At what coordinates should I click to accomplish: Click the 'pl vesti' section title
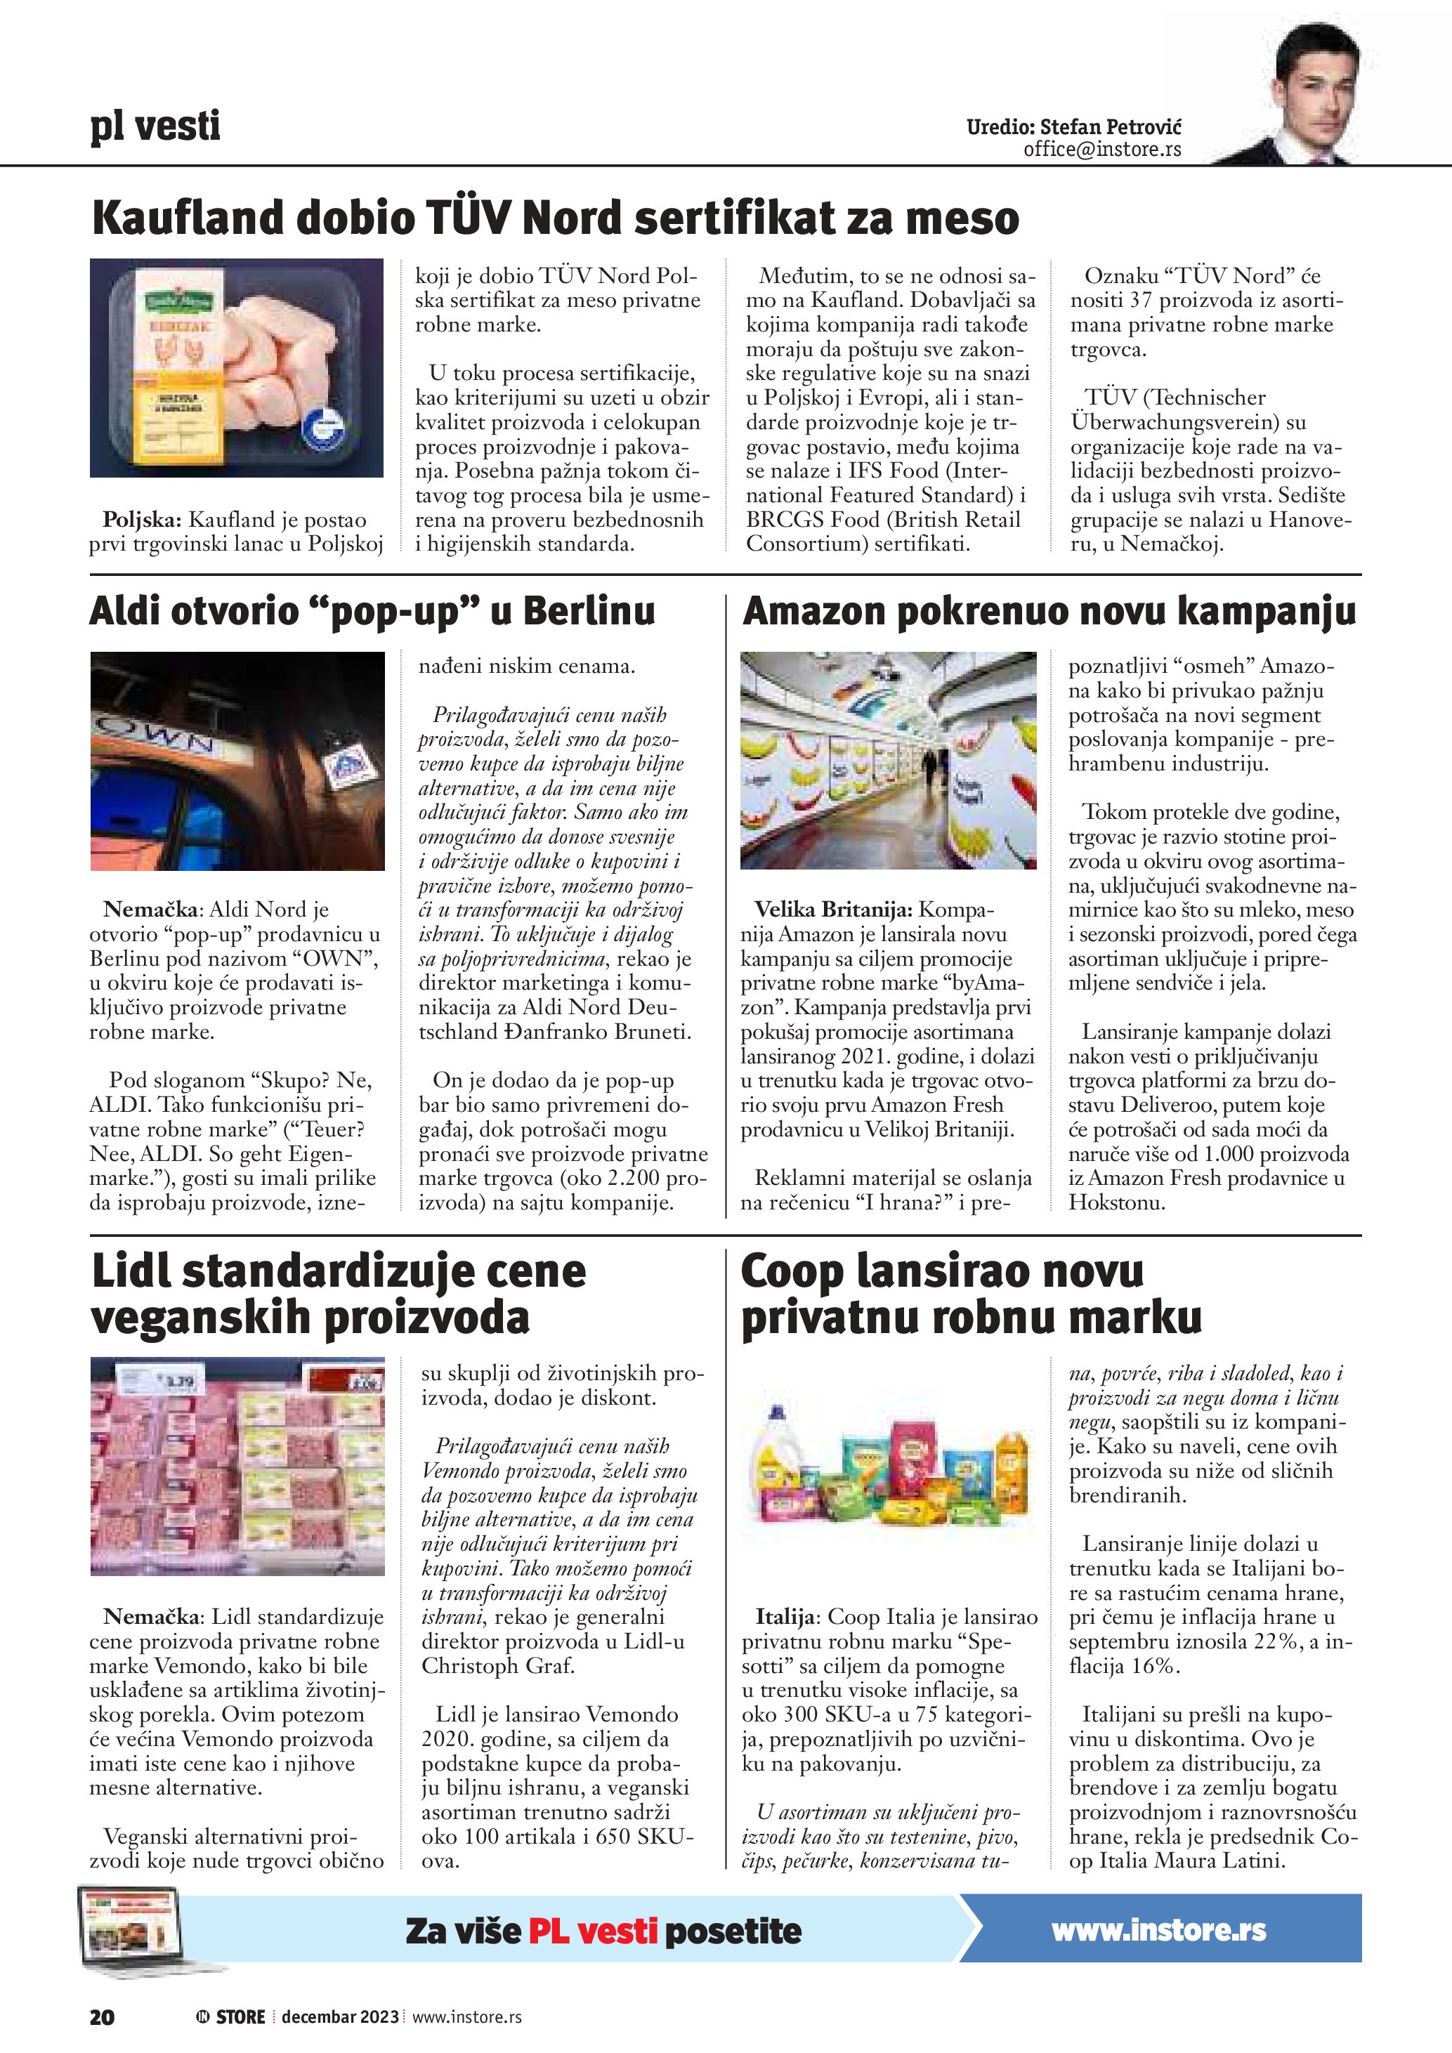coord(155,127)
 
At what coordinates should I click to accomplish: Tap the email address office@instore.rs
coord(1101,150)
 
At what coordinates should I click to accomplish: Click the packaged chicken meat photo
coord(237,367)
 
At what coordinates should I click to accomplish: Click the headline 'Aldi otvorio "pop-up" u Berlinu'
coord(372,612)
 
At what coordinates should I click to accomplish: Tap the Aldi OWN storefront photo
coord(237,761)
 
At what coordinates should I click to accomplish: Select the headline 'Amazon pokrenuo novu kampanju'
coord(1049,612)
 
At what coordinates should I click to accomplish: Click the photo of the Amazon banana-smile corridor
coord(888,760)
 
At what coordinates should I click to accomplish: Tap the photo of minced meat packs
coord(237,1467)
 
